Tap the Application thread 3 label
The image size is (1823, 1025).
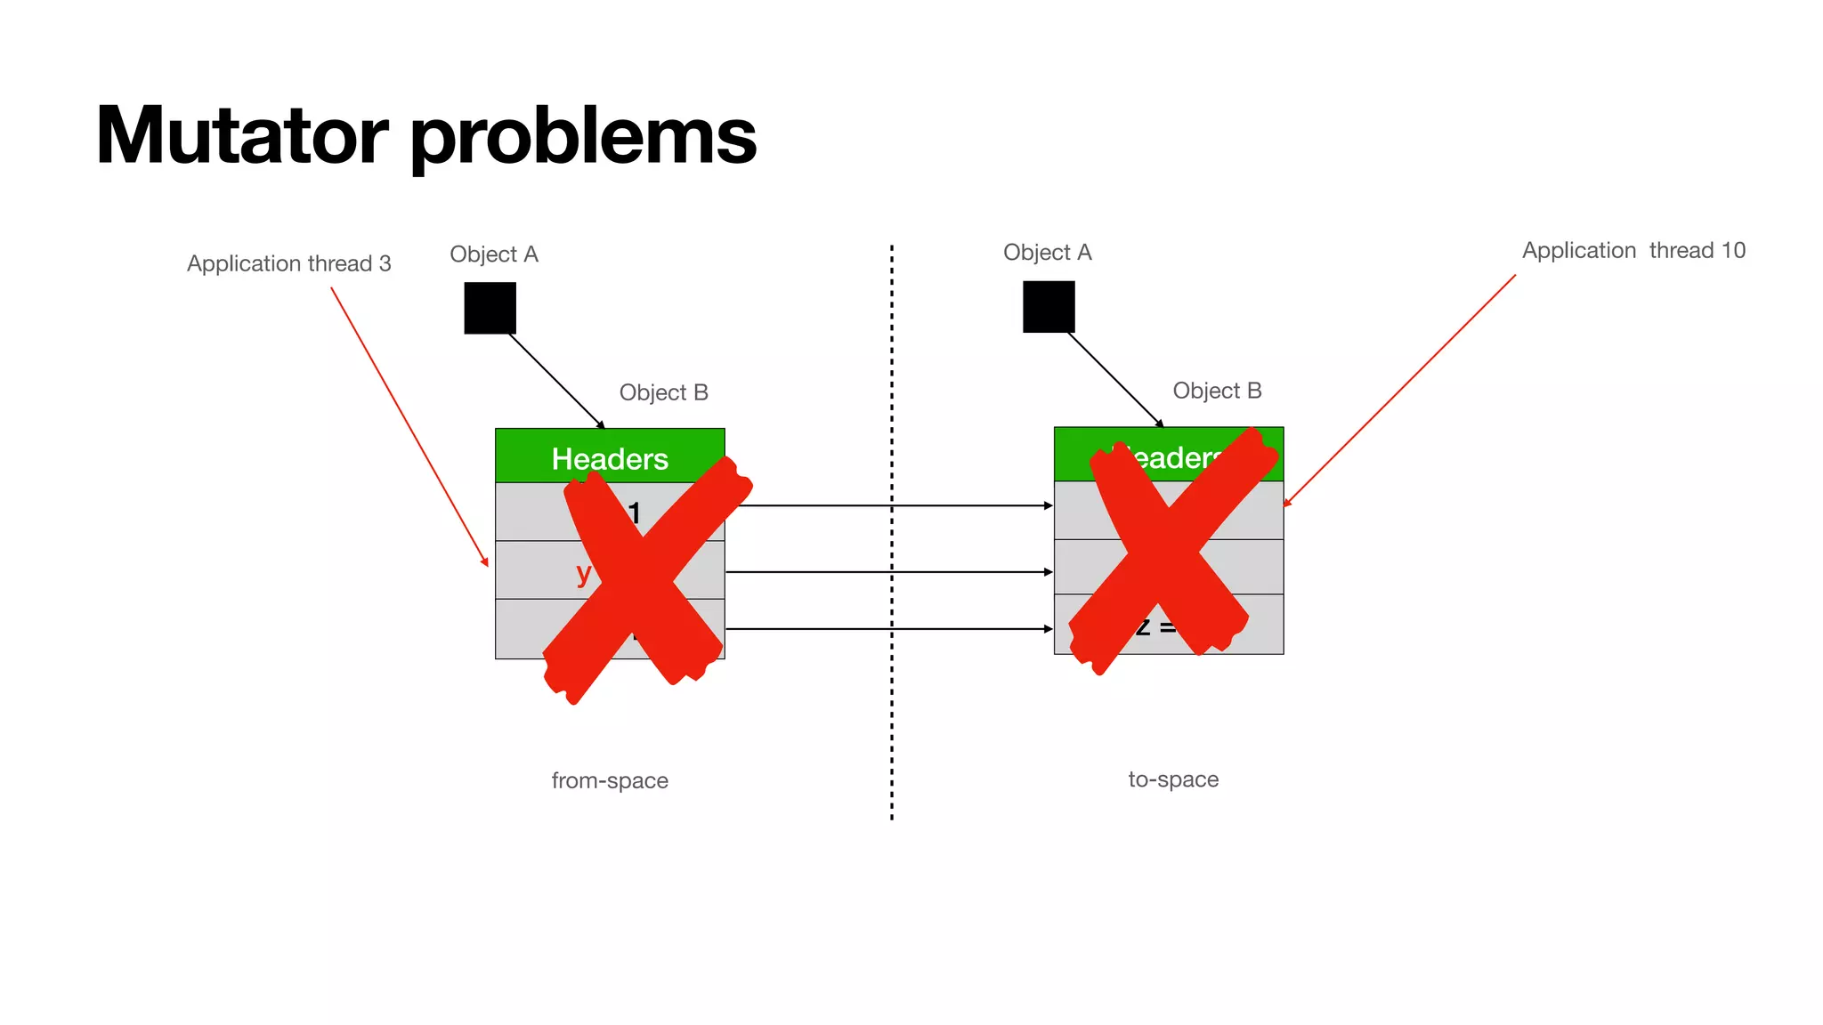[x=288, y=263]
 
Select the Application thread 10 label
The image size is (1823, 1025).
[x=1633, y=251]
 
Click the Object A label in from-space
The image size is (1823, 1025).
[x=494, y=254]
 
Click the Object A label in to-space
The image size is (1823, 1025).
[x=1047, y=253]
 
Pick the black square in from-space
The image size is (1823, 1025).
[x=490, y=308]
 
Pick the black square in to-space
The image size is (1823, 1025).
[x=1049, y=307]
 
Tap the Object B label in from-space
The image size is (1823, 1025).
[x=663, y=392]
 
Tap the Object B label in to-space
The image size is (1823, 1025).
[x=1217, y=391]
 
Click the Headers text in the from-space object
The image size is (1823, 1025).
[x=610, y=459]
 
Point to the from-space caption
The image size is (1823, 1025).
[x=610, y=780]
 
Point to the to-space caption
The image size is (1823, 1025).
[x=1173, y=779]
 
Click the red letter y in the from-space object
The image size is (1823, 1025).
[x=583, y=573]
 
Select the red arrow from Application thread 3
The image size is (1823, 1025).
[x=409, y=427]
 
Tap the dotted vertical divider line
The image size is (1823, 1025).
[x=892, y=712]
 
